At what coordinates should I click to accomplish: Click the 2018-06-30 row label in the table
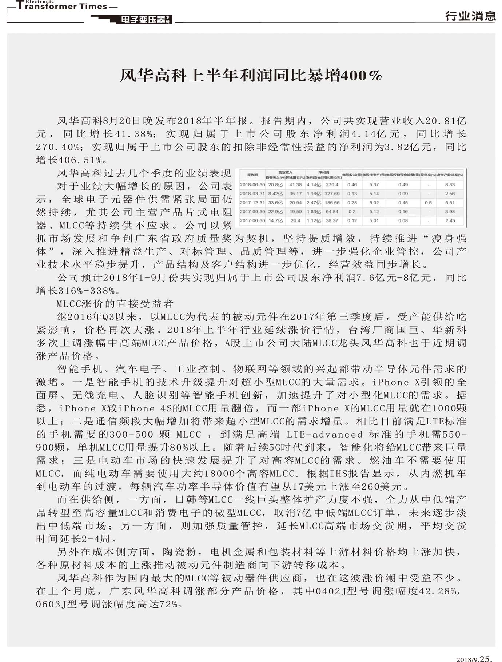point(252,185)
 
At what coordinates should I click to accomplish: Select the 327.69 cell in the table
point(332,194)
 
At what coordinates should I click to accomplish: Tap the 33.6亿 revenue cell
point(275,203)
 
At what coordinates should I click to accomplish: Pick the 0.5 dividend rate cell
point(428,203)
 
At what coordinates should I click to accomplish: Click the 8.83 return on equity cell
point(450,185)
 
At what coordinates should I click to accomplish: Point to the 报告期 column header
point(252,175)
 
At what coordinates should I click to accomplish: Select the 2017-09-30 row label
point(252,212)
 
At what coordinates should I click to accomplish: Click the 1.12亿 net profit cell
point(314,220)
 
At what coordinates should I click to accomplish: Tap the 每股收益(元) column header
point(352,175)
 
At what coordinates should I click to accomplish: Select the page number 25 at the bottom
point(485,658)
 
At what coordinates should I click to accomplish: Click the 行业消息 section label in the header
point(470,16)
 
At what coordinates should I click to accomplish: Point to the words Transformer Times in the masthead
point(62,6)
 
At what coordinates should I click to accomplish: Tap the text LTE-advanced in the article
point(324,434)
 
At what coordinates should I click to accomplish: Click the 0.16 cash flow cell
point(403,212)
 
